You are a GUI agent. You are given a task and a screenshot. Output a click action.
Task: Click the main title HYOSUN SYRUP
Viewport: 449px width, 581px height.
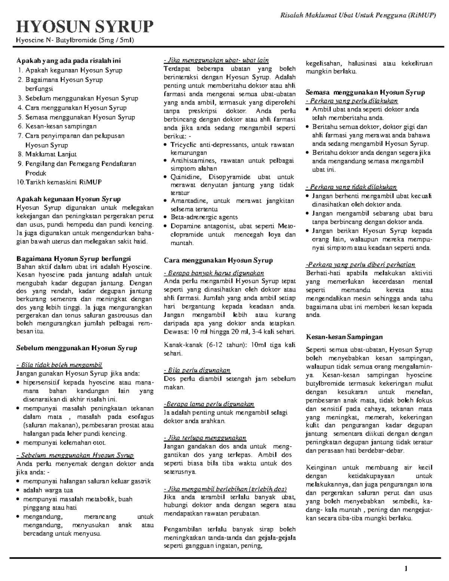[x=85, y=27]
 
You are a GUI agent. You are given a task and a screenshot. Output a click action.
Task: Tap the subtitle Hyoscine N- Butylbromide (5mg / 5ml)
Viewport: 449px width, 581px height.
[x=75, y=40]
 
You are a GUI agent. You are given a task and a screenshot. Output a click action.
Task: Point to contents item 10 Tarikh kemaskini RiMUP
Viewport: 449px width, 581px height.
[x=59, y=182]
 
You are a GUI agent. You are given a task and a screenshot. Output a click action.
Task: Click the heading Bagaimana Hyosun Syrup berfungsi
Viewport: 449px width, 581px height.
[x=74, y=259]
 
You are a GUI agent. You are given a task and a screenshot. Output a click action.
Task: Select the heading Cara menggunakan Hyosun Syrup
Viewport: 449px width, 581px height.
[x=219, y=260]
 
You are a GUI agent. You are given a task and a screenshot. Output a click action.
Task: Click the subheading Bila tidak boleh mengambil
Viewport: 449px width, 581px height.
[x=59, y=365]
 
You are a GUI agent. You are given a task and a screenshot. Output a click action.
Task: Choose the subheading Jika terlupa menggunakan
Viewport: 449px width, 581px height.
[x=205, y=438]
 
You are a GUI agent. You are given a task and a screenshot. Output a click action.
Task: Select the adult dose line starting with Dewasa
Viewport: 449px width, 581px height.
[x=229, y=332]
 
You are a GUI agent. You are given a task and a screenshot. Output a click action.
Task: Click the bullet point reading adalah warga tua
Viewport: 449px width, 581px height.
[x=48, y=490]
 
